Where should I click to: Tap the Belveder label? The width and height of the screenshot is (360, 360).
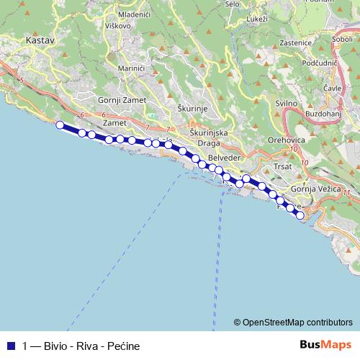(x=222, y=157)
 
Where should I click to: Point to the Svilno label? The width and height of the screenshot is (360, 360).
(x=287, y=104)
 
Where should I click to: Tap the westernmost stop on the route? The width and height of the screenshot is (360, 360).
(x=60, y=125)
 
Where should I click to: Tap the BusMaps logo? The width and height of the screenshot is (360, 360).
(x=326, y=345)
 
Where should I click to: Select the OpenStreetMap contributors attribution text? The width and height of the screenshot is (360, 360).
(x=297, y=322)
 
